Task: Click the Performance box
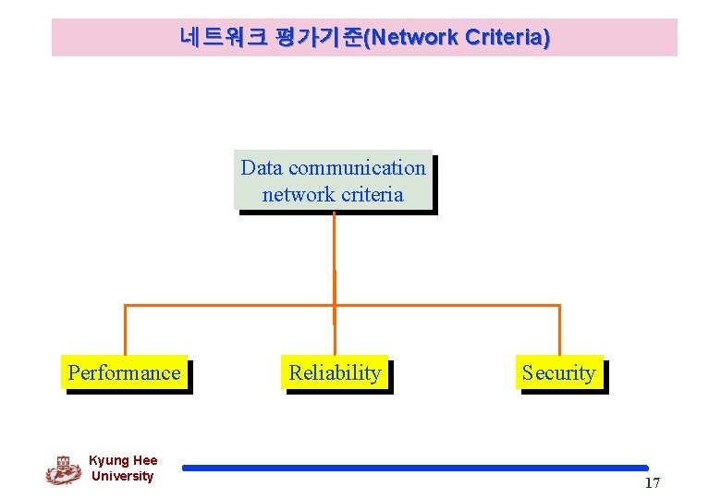[x=124, y=372]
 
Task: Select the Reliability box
[x=335, y=372]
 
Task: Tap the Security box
[x=558, y=372]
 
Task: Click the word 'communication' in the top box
[x=357, y=168]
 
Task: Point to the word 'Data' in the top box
[x=262, y=168]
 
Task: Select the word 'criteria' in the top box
[x=372, y=194]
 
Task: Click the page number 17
[x=653, y=483]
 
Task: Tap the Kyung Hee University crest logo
[x=63, y=469]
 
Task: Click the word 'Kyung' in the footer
[x=110, y=460]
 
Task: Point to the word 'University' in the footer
[x=123, y=476]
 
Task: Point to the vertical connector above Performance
[x=125, y=329]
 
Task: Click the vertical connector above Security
[x=559, y=329]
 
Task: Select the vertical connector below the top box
[x=334, y=259]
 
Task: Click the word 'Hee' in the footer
[x=145, y=460]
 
